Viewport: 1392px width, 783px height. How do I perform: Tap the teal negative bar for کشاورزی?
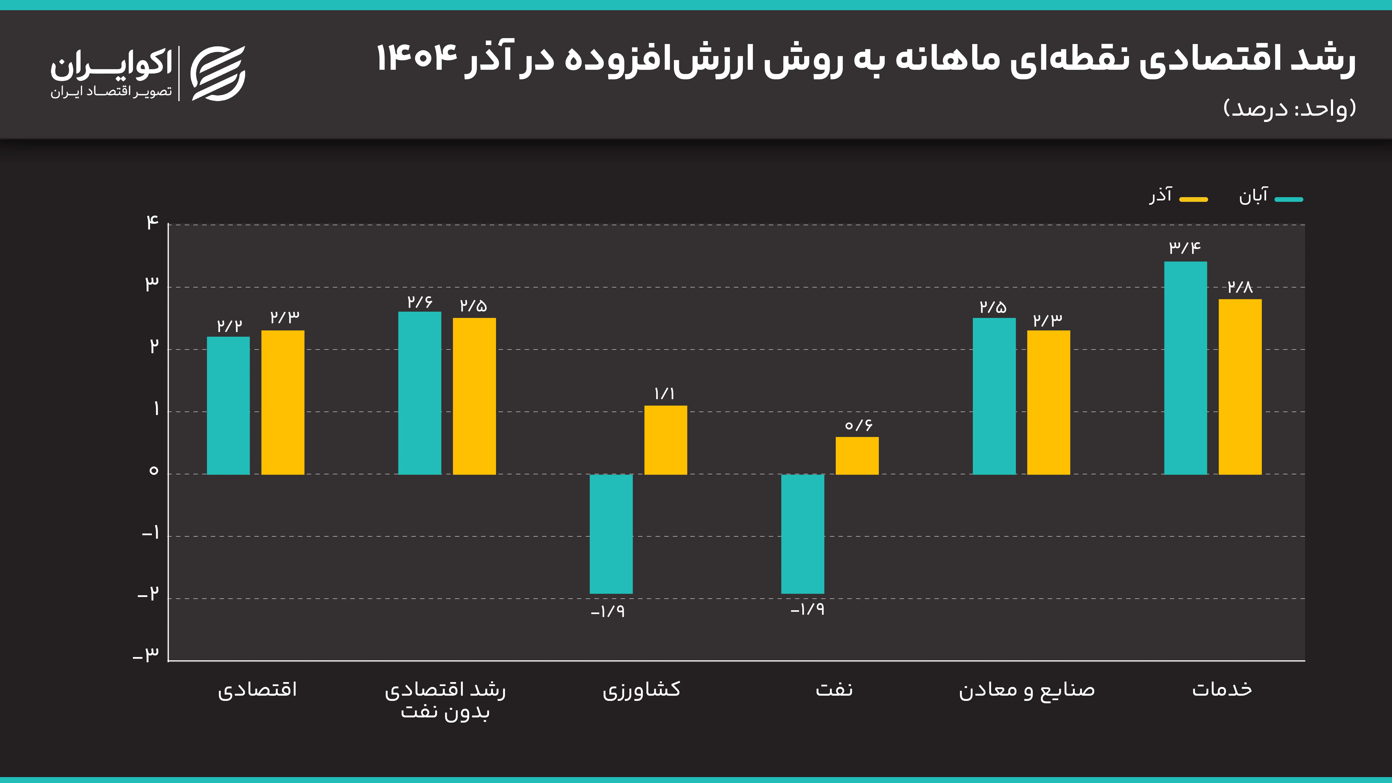611,534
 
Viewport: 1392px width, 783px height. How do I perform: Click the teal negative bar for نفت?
802,534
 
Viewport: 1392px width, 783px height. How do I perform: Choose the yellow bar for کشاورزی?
665,440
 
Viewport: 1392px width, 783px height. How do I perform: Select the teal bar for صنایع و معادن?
994,396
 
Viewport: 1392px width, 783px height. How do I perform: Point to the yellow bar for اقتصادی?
283,403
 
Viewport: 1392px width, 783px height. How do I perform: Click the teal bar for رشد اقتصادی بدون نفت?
419,393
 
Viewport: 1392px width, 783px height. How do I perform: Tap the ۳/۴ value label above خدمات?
1184,247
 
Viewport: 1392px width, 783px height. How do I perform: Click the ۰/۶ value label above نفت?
858,425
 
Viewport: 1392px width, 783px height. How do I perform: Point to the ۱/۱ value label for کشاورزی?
664,393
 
